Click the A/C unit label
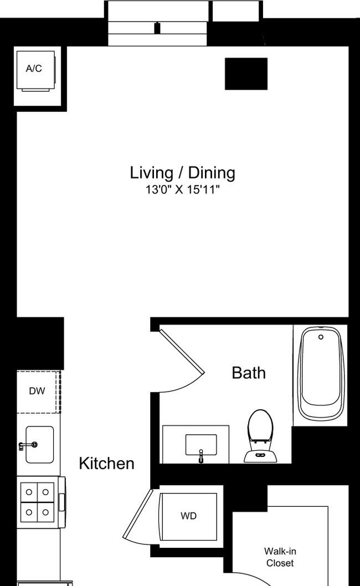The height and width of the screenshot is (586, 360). [34, 68]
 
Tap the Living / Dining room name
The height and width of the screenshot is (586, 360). [182, 173]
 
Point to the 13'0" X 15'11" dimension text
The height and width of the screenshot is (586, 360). [182, 190]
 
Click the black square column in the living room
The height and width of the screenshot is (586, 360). [246, 74]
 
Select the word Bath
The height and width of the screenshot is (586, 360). [249, 373]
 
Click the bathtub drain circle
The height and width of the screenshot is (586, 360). [321, 337]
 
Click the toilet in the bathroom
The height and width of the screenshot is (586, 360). [260, 436]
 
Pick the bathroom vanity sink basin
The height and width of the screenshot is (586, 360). [201, 445]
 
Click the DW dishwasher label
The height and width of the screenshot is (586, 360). [37, 391]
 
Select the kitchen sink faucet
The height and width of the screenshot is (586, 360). [28, 445]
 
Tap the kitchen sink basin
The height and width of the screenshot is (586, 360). [39, 444]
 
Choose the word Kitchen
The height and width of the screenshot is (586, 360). [106, 464]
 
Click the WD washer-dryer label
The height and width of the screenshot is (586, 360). [188, 516]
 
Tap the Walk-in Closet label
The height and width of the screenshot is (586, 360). [280, 557]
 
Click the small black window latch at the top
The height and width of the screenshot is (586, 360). [157, 28]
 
